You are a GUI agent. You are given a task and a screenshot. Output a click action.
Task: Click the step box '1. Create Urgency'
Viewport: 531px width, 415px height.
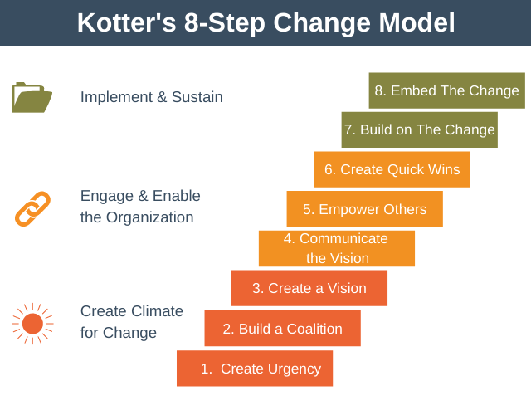click(x=255, y=369)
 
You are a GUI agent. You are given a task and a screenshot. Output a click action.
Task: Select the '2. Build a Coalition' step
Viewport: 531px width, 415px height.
click(x=282, y=329)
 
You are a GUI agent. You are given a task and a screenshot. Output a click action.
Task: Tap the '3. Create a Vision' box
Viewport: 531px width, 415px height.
click(x=309, y=288)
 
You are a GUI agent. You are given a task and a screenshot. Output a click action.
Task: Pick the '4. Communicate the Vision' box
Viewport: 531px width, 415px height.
click(x=337, y=248)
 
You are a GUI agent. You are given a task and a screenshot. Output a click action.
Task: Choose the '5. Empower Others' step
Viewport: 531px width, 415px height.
click(x=365, y=208)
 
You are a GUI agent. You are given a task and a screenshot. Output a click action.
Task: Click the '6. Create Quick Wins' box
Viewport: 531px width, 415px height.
click(x=392, y=169)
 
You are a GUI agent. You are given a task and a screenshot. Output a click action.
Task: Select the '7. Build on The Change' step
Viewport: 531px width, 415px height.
click(x=420, y=129)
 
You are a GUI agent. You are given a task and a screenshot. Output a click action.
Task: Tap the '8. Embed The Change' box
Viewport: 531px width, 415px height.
click(x=447, y=90)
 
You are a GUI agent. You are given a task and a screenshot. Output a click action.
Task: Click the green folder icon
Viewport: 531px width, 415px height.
click(x=32, y=98)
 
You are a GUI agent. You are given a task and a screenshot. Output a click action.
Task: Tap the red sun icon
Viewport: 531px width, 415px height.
click(x=32, y=324)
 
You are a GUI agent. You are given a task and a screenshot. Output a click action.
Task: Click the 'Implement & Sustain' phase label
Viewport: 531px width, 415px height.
click(x=151, y=97)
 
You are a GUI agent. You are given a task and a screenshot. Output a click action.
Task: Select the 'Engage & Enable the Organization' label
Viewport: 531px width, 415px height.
click(x=140, y=207)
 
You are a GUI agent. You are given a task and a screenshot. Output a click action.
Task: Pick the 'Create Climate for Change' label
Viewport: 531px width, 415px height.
click(x=132, y=322)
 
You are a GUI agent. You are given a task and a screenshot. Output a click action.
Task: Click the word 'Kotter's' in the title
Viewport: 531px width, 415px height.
click(x=127, y=22)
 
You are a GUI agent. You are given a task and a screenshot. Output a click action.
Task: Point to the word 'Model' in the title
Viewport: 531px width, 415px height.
click(x=417, y=22)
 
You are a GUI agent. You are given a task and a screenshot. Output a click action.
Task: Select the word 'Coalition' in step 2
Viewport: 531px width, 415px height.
click(x=314, y=329)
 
